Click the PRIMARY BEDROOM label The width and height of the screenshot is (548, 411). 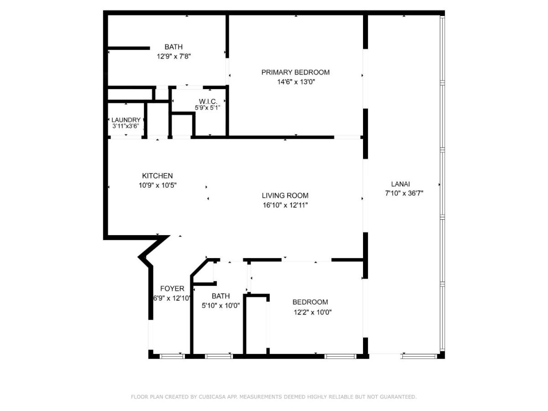pos(295,72)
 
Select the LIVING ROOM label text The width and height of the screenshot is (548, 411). pos(285,195)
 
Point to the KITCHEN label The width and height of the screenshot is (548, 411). pos(157,176)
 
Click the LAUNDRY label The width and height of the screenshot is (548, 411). pos(126,120)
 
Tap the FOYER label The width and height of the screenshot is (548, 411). pos(172,289)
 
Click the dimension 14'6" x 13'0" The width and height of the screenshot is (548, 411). pos(295,82)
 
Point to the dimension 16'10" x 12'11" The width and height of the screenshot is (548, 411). pos(285,205)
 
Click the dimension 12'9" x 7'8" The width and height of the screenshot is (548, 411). pos(173,57)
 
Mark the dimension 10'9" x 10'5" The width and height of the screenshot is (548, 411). pos(157,185)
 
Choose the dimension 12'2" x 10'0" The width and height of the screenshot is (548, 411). pos(312,312)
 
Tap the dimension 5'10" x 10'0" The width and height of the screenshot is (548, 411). pos(221,306)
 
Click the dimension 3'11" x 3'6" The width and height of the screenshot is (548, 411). pos(126,126)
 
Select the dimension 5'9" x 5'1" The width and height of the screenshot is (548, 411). pos(208,108)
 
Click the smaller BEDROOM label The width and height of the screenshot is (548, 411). pos(310,302)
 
